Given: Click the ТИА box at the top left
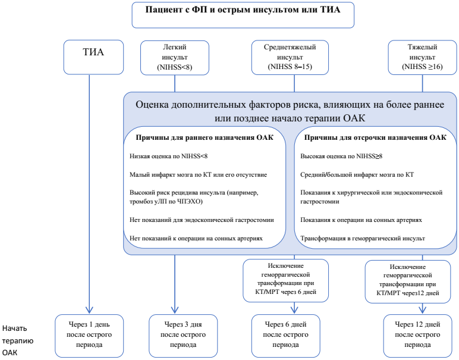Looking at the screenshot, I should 93,53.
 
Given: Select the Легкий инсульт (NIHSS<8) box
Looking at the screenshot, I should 174,58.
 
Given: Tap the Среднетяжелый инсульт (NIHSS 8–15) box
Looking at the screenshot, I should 290,58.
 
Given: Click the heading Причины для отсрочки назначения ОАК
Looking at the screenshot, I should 375,139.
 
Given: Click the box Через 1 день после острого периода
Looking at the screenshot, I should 90,333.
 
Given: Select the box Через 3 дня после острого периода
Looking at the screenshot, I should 179,333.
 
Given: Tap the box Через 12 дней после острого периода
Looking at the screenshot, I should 416,333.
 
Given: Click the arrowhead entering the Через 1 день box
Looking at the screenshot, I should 90,309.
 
